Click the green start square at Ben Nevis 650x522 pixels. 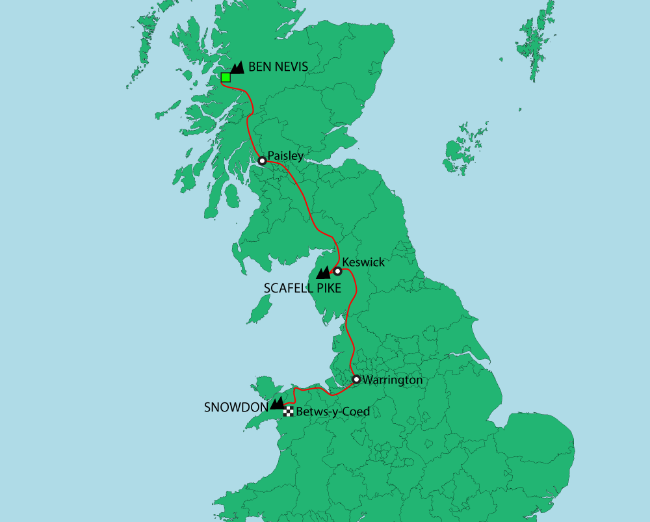[x=226, y=77]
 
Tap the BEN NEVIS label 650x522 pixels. [x=278, y=66]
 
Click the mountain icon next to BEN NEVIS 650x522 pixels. [x=237, y=67]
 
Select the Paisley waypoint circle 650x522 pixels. [x=261, y=161]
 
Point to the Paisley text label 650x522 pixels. [x=286, y=156]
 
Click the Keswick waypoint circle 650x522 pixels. [x=337, y=271]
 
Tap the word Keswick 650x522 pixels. [x=363, y=263]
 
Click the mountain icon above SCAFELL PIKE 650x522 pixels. [x=323, y=273]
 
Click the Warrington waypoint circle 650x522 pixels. [x=356, y=379]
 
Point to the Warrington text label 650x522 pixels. [x=393, y=380]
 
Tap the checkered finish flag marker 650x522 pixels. [x=289, y=411]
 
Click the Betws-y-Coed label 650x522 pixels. [x=333, y=411]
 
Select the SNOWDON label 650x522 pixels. [x=236, y=408]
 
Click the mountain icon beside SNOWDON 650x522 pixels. [x=277, y=403]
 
